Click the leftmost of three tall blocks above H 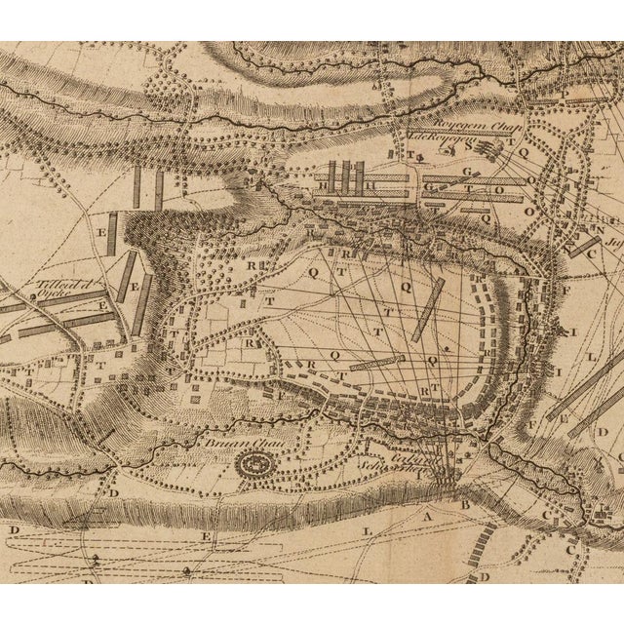coord(331,175)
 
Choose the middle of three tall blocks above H coord(345,175)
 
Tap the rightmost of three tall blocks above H coord(359,175)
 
